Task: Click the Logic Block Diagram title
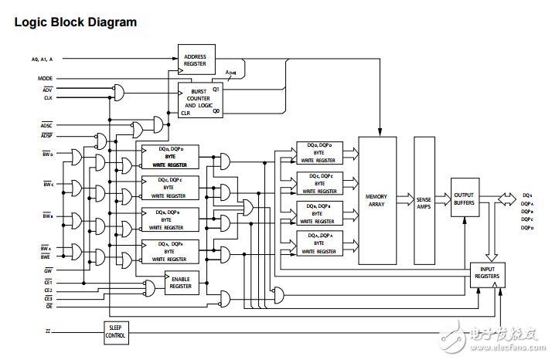[x=76, y=22]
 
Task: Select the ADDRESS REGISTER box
[x=196, y=59]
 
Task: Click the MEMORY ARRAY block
[x=377, y=199]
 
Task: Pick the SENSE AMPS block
[x=424, y=199]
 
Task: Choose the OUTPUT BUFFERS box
[x=464, y=198]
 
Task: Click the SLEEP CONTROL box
[x=116, y=332]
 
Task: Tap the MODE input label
[x=45, y=79]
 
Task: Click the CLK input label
[x=47, y=98]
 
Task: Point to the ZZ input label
[x=49, y=331]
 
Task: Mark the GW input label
[x=48, y=271]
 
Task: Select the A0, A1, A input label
[x=43, y=59]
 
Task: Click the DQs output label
[x=526, y=195]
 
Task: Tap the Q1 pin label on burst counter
[x=217, y=90]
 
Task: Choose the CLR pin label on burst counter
[x=186, y=113]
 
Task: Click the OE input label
[x=48, y=306]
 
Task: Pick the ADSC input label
[x=46, y=124]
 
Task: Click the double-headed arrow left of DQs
[x=506, y=199]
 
